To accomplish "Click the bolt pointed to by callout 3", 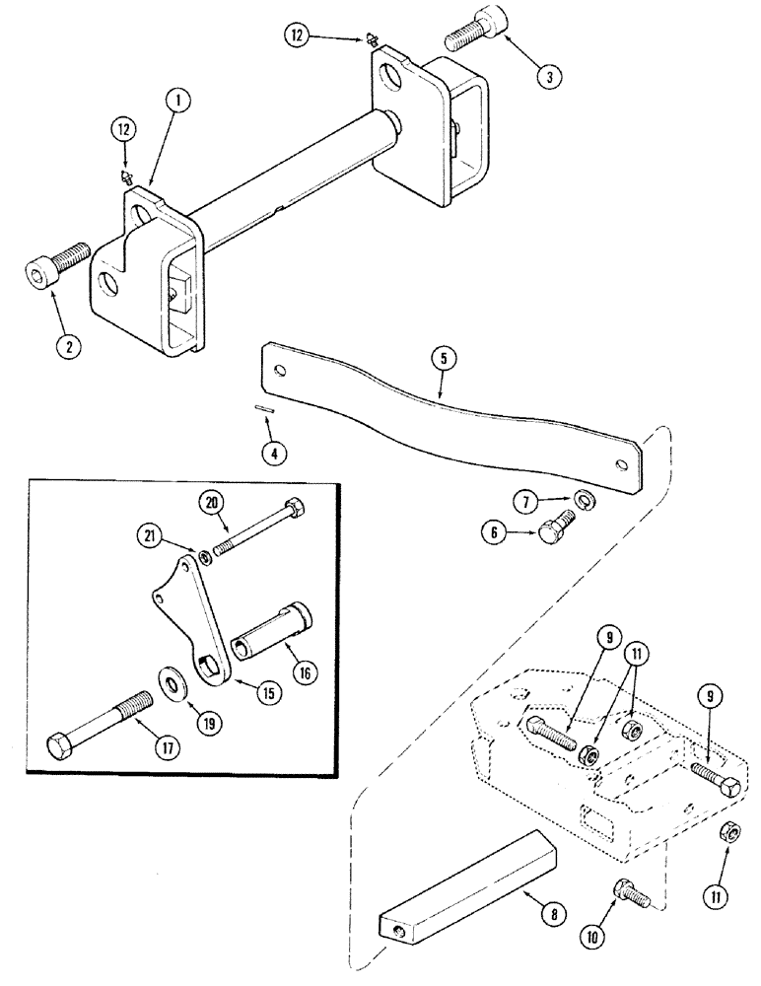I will point(475,35).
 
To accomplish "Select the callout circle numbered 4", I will point(276,454).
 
